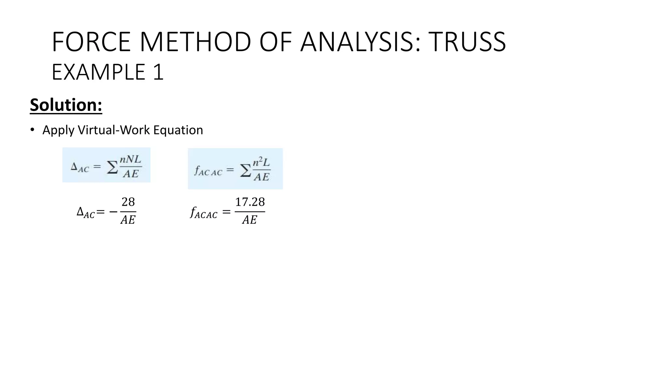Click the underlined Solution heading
point(66,105)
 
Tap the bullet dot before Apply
point(32,130)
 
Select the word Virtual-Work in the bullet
point(114,130)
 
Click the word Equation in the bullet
point(178,130)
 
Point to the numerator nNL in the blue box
point(130,160)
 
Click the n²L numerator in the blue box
point(262,162)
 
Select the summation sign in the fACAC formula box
point(245,170)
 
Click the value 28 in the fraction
point(128,202)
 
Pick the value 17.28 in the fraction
point(250,202)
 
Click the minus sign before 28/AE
point(113,212)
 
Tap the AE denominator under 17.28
point(249,220)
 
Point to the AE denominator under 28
point(128,220)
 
